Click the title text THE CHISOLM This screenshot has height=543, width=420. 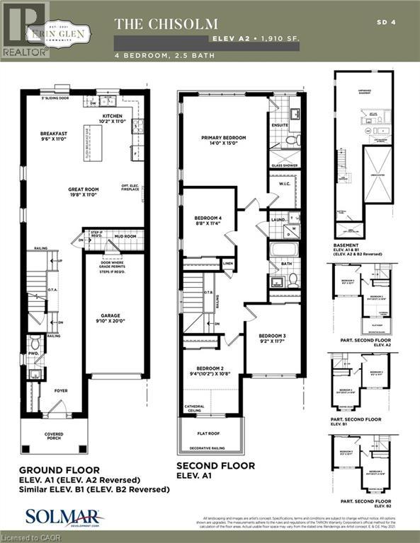pos(166,24)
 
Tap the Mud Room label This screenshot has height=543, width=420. pos(125,238)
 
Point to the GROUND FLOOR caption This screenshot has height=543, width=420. pos(58,470)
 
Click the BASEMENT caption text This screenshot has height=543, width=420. pos(347,245)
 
